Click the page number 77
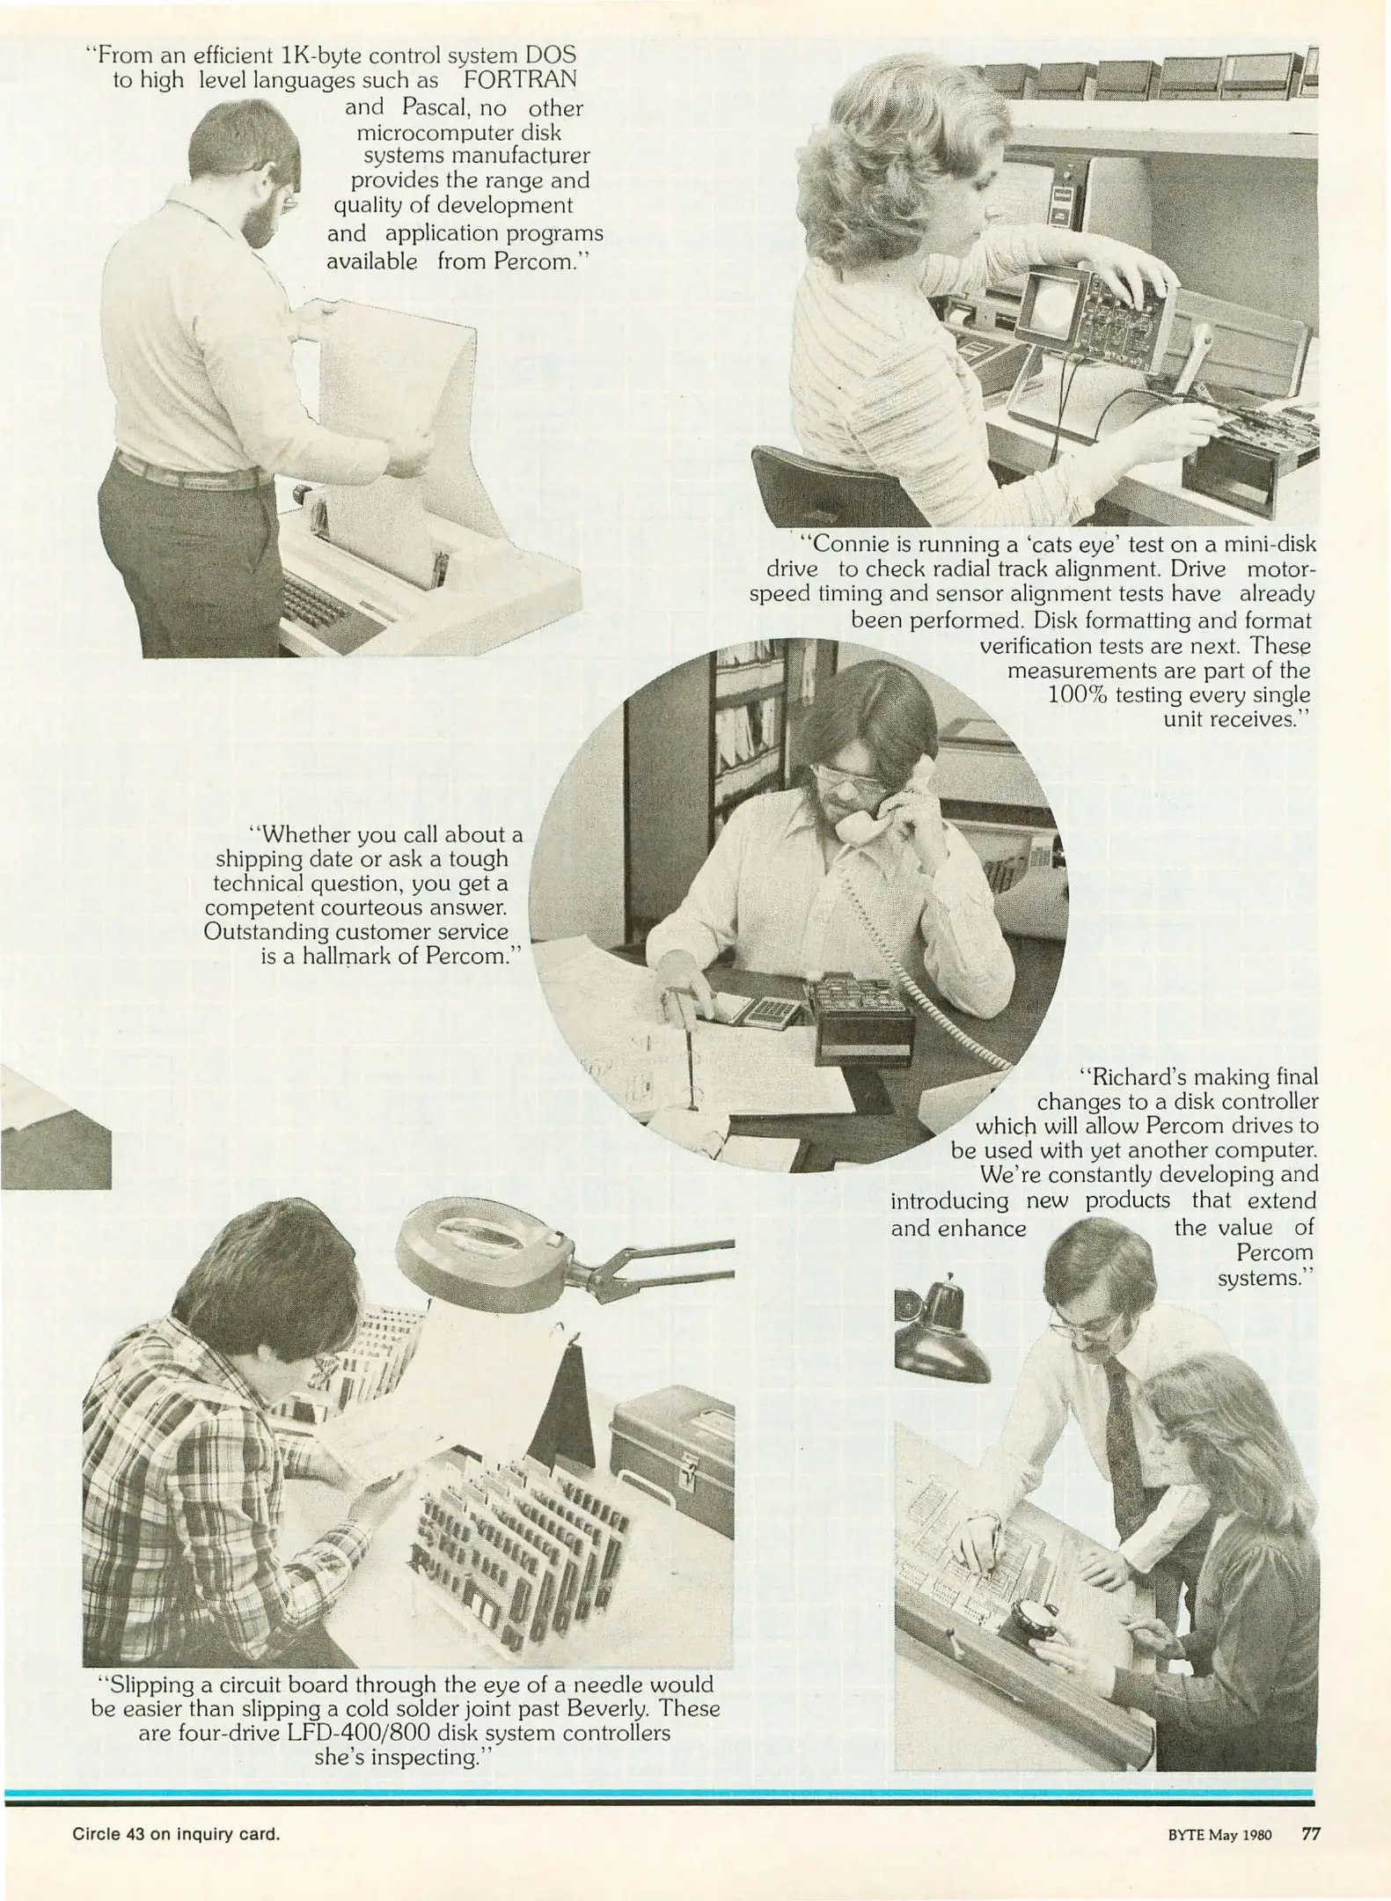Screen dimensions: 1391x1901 (1310, 1834)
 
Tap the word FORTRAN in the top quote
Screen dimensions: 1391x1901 (520, 80)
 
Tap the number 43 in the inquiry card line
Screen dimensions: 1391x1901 (136, 1835)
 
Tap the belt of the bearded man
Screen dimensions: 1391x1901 (194, 475)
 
